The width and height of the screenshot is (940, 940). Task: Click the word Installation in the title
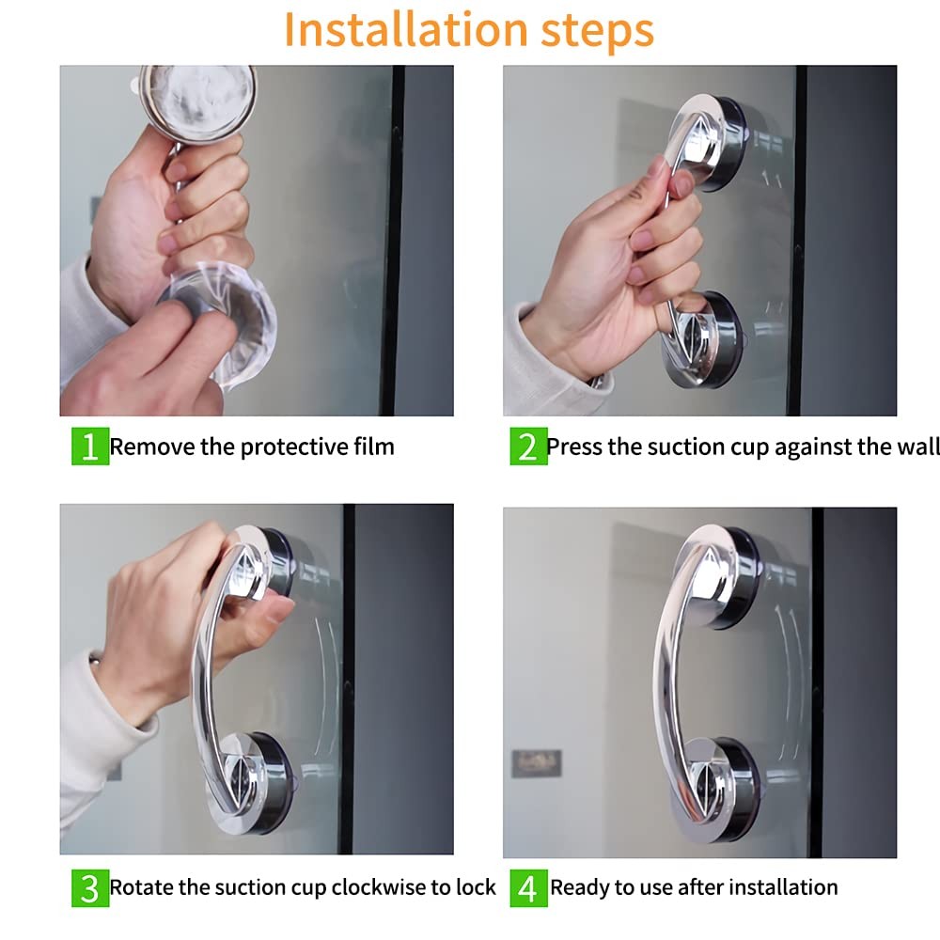click(406, 29)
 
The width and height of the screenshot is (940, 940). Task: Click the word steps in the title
click(597, 31)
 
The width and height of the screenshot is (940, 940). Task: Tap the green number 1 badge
click(90, 446)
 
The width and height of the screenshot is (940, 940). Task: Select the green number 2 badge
click(528, 446)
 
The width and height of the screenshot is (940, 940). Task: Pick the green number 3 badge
click(90, 888)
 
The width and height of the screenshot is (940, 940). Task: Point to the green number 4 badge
click(528, 888)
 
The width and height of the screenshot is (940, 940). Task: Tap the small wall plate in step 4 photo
click(537, 763)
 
